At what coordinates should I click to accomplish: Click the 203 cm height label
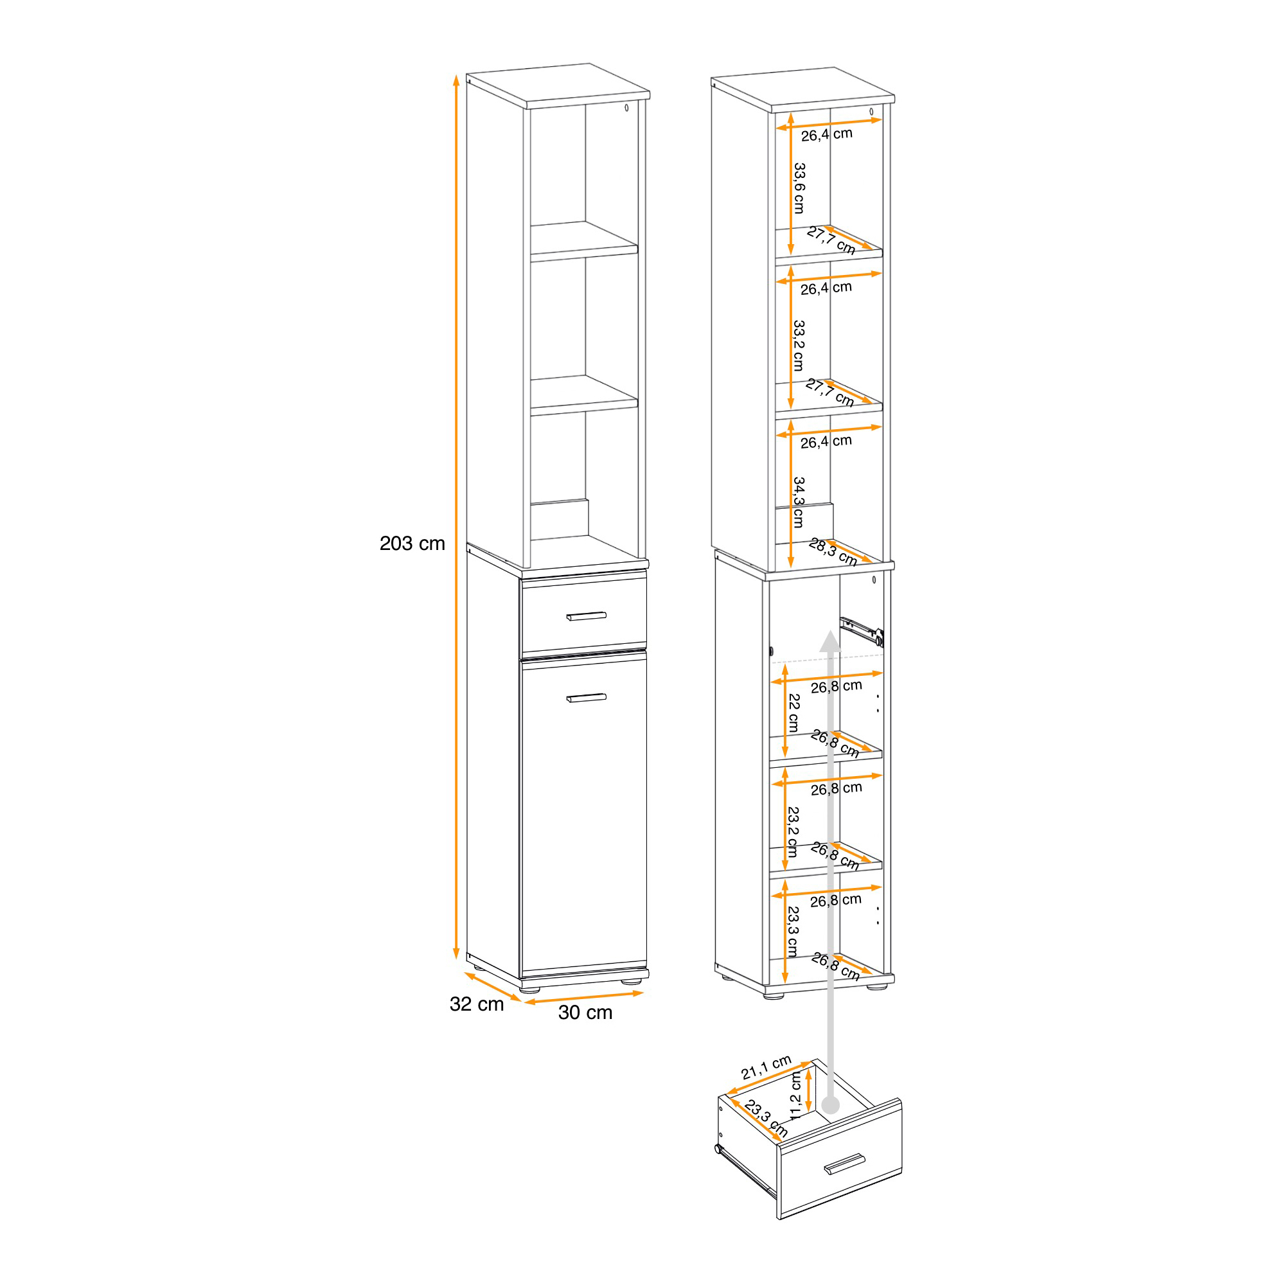click(x=412, y=544)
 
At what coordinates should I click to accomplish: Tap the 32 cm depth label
click(x=476, y=1004)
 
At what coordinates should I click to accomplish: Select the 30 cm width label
click(x=585, y=1013)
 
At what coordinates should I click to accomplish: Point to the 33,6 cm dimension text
click(x=799, y=188)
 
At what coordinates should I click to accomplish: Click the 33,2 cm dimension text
click(x=799, y=345)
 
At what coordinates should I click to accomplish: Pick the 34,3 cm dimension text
click(x=799, y=502)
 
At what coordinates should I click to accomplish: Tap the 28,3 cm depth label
click(x=833, y=552)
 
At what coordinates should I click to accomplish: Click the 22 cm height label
click(x=793, y=713)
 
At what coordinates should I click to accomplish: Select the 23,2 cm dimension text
click(x=793, y=832)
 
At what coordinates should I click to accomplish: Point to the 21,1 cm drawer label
click(x=767, y=1067)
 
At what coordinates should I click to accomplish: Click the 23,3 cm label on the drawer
click(x=767, y=1118)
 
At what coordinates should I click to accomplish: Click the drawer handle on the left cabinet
click(x=586, y=616)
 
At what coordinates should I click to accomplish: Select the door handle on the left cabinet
click(x=586, y=698)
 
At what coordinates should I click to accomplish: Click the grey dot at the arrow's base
click(x=831, y=1105)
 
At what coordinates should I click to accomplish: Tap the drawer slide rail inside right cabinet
click(x=862, y=631)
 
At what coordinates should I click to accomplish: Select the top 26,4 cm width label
click(x=826, y=134)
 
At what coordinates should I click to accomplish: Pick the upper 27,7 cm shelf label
click(x=831, y=240)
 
